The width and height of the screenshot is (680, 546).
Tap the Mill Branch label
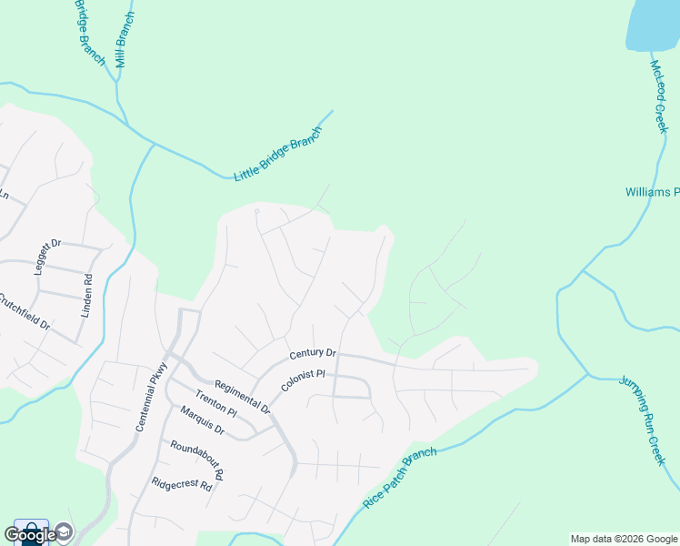[x=125, y=40]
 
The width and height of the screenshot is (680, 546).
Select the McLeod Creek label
[x=660, y=96]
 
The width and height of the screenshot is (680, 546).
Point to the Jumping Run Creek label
[x=644, y=420]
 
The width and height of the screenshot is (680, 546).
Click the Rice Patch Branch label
[x=400, y=477]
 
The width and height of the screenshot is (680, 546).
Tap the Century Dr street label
[x=313, y=353]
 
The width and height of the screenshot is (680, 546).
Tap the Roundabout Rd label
[x=196, y=460]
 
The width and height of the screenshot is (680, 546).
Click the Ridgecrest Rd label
[x=182, y=485]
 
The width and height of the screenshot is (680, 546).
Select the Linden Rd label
[x=89, y=292]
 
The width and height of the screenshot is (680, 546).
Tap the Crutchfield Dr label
[x=23, y=314]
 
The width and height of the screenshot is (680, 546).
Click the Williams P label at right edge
[x=652, y=192]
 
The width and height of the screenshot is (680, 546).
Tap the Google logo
[x=30, y=534]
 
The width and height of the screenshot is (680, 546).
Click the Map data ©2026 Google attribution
[x=624, y=539]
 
